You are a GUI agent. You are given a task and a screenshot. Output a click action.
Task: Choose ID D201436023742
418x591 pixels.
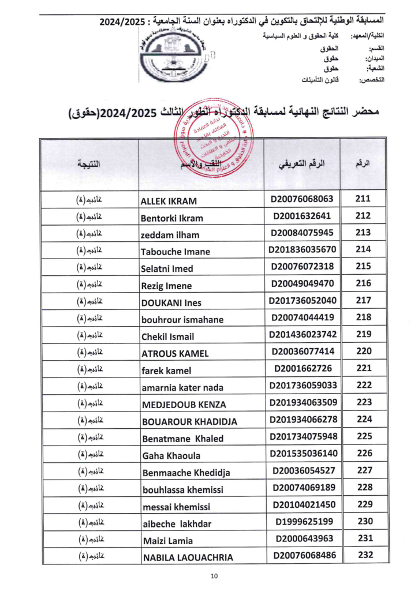coord(302,334)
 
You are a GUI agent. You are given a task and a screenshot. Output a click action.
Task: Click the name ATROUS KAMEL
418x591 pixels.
coord(175,353)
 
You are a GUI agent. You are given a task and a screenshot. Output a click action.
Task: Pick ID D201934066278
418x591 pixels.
coord(302,419)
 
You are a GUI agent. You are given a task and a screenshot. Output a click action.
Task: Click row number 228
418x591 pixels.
coord(363,487)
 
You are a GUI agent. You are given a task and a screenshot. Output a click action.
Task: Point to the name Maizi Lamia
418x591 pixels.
coord(167,541)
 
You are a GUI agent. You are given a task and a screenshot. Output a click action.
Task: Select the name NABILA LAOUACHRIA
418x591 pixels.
coord(187,558)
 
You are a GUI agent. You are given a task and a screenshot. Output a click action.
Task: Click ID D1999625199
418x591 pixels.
coord(302,522)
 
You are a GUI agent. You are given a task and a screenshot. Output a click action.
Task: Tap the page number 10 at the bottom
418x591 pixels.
coord(214,575)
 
